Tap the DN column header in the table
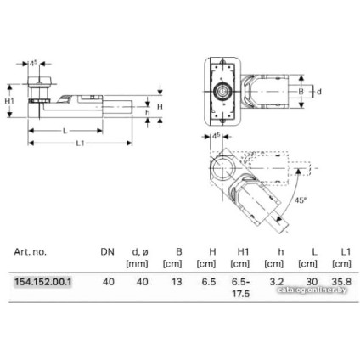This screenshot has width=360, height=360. (108, 252)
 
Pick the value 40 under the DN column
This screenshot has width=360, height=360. (108, 281)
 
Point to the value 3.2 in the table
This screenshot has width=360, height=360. (274, 281)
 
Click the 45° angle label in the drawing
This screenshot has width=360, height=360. (301, 200)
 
